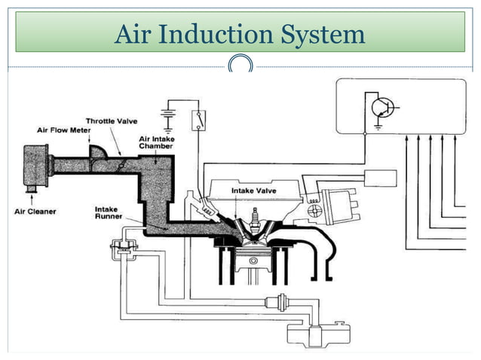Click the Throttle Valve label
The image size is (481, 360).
[x=111, y=121]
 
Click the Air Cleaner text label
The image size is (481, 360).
[x=35, y=212]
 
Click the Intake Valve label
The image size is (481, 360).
[x=254, y=191]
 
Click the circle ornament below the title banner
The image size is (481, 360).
[x=240, y=66]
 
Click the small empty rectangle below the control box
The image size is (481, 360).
[x=380, y=178]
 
